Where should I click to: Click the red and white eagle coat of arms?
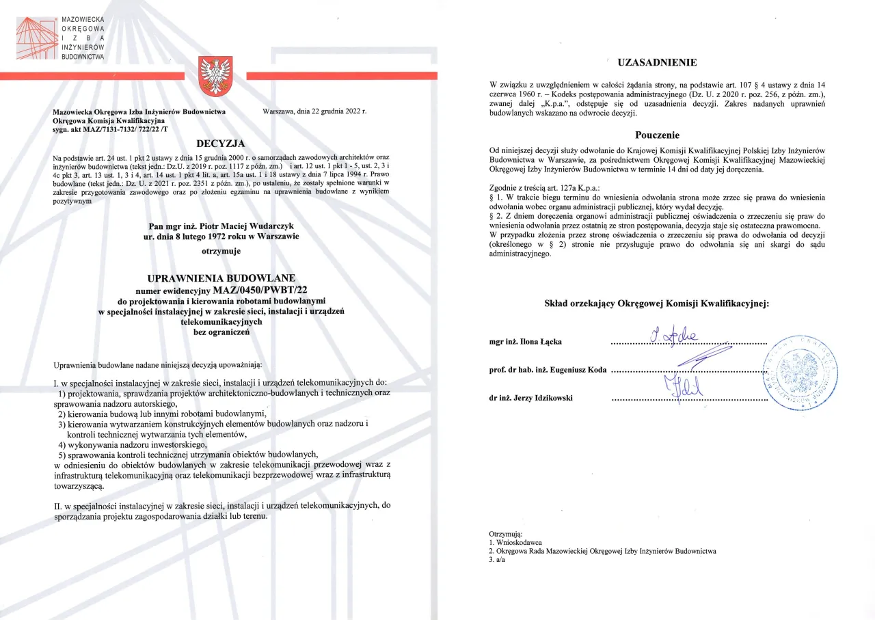tap(216, 77)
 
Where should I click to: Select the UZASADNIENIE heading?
tap(657, 63)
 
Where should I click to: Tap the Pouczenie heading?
tap(657, 135)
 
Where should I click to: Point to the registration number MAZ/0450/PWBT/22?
tap(260, 290)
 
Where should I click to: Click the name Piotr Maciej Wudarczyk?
tap(221, 226)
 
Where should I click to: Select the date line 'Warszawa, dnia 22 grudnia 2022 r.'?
tap(314, 111)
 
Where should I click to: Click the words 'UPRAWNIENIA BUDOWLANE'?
tap(221, 278)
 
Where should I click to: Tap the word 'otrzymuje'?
tap(221, 251)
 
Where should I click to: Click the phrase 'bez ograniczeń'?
tap(221, 332)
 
